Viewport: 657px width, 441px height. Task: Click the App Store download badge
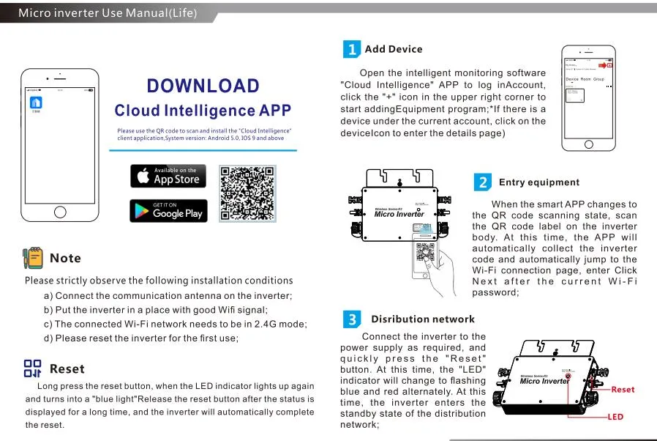point(168,176)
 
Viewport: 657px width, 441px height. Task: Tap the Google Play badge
point(168,211)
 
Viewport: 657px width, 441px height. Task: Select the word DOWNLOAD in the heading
point(203,86)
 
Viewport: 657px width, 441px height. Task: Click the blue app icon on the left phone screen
point(35,102)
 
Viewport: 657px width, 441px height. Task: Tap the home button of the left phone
point(59,212)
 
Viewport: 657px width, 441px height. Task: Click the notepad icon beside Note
point(32,257)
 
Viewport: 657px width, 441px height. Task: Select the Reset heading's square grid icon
point(33,368)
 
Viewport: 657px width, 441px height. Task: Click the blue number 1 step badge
point(352,49)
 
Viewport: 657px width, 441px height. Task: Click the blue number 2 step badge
point(482,182)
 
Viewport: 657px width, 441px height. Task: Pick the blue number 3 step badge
point(352,319)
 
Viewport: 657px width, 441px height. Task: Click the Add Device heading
point(394,49)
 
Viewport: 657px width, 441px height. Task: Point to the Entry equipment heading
point(538,182)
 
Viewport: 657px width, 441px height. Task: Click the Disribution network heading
point(422,319)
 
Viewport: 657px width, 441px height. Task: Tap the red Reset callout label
point(623,390)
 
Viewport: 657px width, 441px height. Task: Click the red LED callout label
point(616,417)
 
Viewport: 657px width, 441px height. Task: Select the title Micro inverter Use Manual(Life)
point(107,13)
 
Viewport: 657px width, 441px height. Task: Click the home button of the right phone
point(590,144)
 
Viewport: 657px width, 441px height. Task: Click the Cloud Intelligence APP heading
point(203,111)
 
